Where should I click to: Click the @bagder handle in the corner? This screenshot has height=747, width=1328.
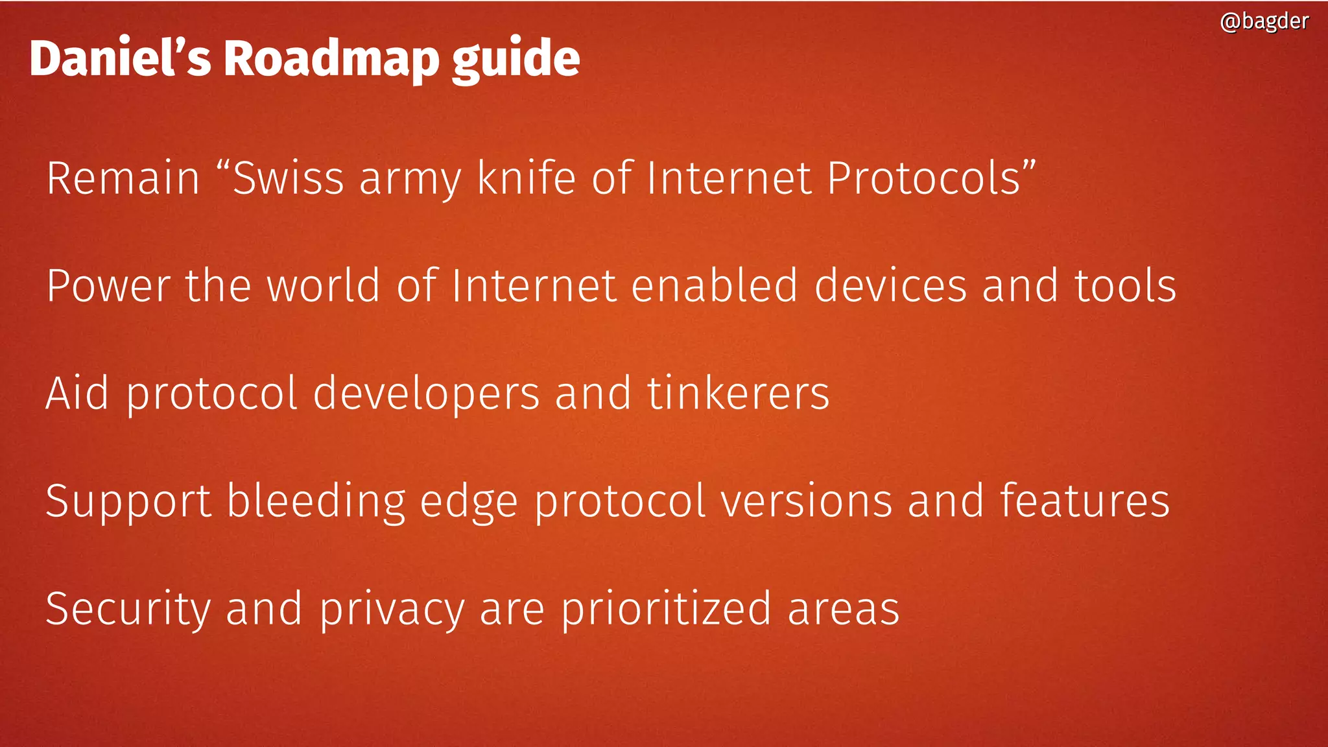click(1264, 21)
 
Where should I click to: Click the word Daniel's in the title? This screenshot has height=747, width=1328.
click(120, 58)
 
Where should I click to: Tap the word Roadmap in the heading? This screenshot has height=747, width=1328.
click(331, 58)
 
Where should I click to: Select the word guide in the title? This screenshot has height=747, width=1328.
click(516, 60)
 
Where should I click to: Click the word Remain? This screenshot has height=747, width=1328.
click(123, 178)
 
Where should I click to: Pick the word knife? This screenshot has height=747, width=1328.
click(526, 178)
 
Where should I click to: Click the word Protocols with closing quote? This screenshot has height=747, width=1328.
click(931, 178)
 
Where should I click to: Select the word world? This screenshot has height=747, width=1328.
click(324, 286)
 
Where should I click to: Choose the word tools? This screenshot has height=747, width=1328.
click(1126, 286)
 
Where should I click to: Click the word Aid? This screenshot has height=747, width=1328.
click(77, 394)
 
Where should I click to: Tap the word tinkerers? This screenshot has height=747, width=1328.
click(738, 394)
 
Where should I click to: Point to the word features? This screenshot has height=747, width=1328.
click(1084, 501)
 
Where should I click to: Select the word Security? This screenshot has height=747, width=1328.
click(128, 610)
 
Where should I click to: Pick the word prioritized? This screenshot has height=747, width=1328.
click(666, 610)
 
